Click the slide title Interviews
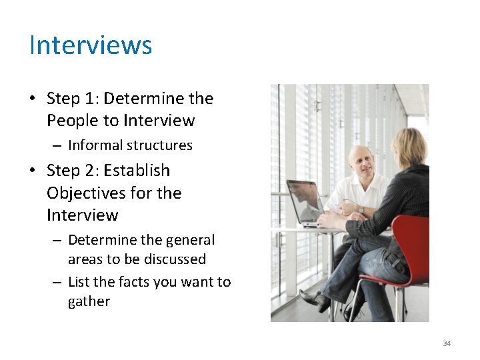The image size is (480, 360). point(91,45)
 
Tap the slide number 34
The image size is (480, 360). point(447,343)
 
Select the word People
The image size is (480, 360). point(71,121)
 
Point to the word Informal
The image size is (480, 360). point(95,145)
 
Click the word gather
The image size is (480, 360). point(89,301)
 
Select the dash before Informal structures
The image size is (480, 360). point(57,146)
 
